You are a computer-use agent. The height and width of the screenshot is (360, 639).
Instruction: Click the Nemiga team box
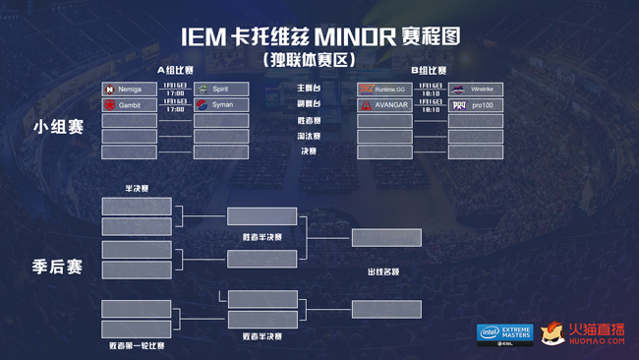point(129,89)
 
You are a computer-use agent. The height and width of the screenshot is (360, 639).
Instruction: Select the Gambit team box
point(129,104)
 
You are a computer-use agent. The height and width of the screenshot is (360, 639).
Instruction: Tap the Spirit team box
point(221,89)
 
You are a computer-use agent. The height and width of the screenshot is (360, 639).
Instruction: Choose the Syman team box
point(221,104)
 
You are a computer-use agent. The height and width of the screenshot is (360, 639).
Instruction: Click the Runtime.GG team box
point(384,89)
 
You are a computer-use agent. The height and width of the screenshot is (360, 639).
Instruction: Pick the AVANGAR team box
point(384,104)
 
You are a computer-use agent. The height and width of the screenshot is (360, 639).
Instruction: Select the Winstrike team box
point(476,89)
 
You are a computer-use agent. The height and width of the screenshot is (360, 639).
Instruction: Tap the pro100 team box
point(476,104)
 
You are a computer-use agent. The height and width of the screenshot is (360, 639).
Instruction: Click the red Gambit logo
point(110,104)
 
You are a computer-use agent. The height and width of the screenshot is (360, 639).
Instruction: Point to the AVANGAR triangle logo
point(366,104)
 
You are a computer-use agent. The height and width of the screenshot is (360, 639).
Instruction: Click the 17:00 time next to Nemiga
point(175,94)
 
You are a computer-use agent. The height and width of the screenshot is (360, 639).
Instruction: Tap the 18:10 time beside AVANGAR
point(430,110)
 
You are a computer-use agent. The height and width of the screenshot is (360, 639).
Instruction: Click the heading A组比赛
point(175,71)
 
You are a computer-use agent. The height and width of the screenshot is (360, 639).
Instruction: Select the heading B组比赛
point(430,71)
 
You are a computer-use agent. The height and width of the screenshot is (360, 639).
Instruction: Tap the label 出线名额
point(384,271)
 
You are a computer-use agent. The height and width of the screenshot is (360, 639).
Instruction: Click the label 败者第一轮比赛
point(137,346)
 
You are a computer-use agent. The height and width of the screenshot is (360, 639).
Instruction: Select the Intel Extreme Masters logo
point(504,334)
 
